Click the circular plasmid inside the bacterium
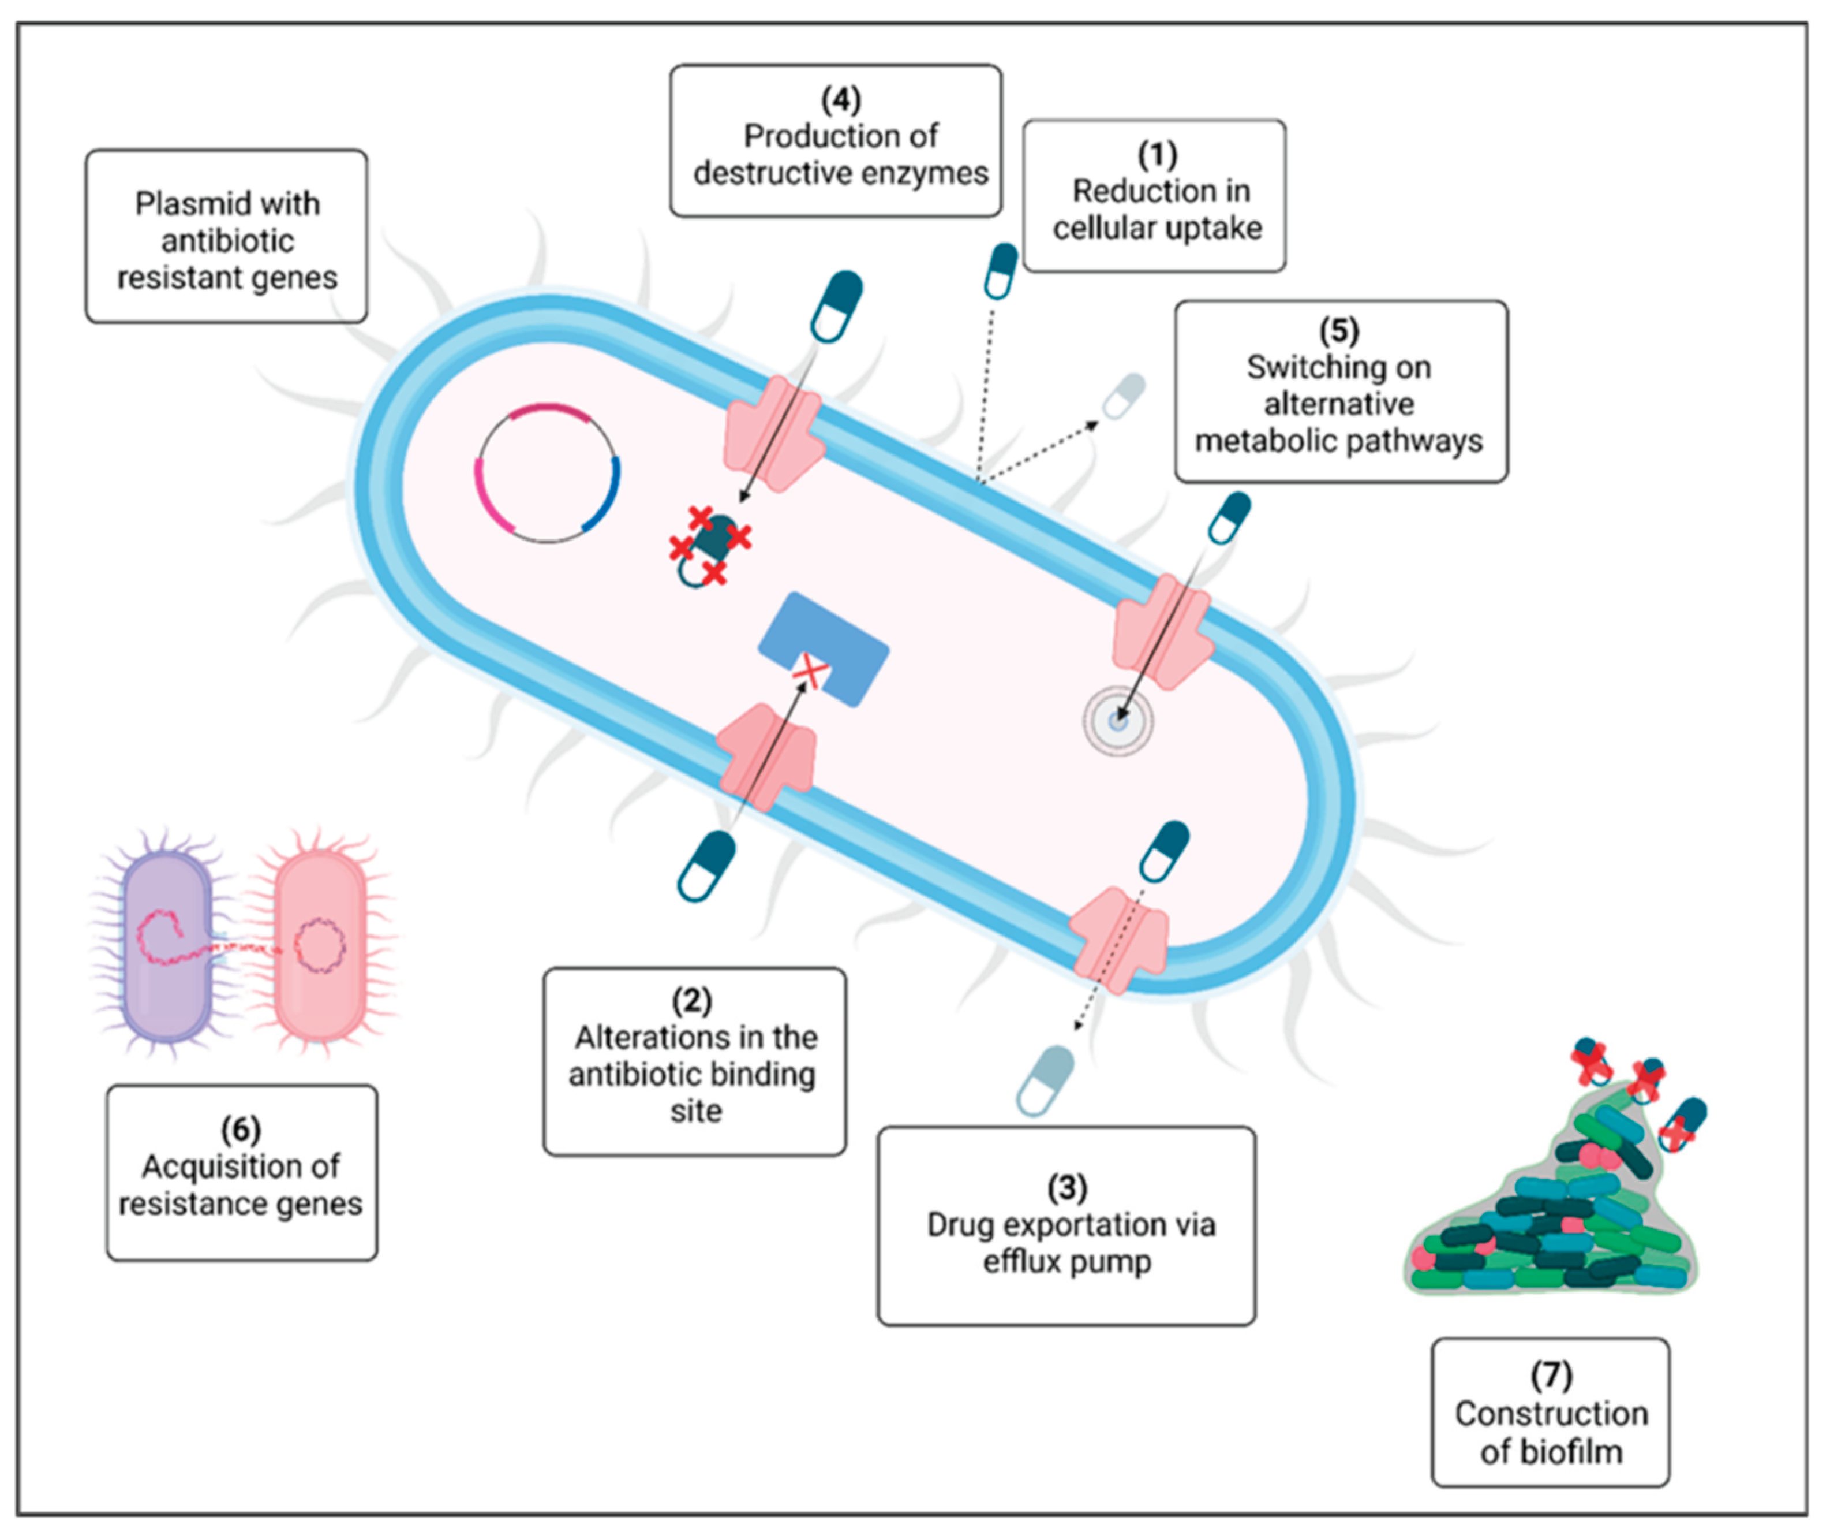tap(547, 473)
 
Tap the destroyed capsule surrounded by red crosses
tap(709, 547)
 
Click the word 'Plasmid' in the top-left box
tap(181, 204)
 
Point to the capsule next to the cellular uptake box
tap(1001, 271)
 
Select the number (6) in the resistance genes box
tap(241, 1130)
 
